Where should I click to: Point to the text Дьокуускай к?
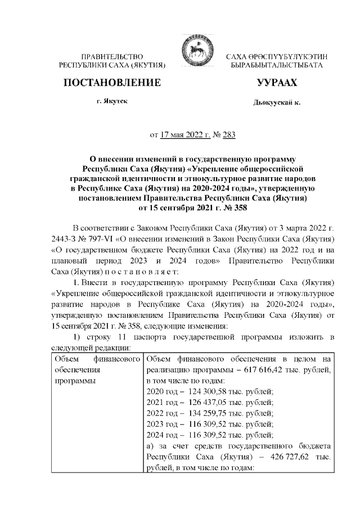pyautogui.click(x=277, y=103)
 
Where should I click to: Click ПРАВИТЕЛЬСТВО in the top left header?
pyautogui.click(x=112, y=57)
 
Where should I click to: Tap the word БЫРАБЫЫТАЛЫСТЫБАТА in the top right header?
pyautogui.click(x=277, y=66)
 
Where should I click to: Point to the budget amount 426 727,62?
pyautogui.click(x=291, y=458)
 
